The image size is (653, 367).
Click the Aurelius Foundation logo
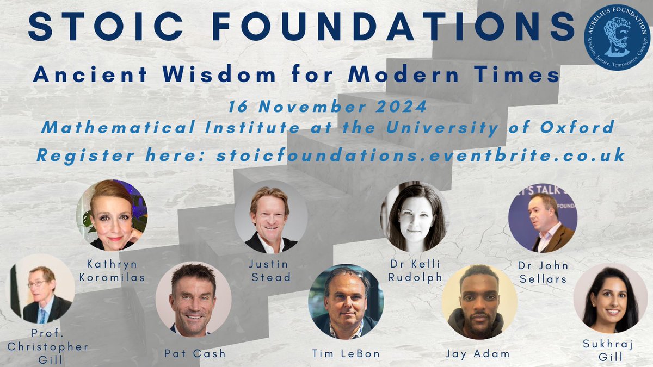[616, 38]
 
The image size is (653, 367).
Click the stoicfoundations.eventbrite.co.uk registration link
[420, 155]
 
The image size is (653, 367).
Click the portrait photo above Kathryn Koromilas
[111, 215]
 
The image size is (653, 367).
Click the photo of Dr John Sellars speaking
[543, 218]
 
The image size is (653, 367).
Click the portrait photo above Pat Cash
[193, 298]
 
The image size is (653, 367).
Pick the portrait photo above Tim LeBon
[346, 302]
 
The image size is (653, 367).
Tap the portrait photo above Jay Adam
[479, 302]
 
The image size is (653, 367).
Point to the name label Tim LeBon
[346, 353]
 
